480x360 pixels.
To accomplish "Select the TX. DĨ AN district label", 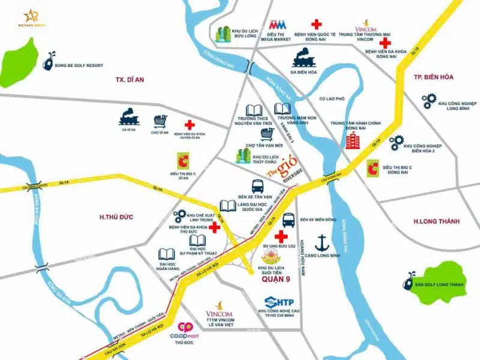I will [131, 80].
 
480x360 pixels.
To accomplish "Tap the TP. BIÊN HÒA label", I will [434, 77].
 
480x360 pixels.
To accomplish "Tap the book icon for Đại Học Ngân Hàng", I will [167, 254].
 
